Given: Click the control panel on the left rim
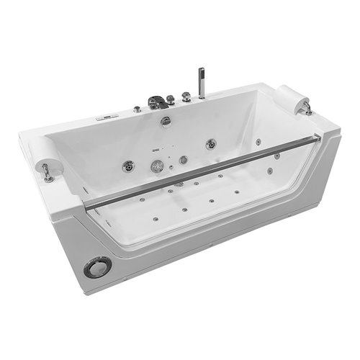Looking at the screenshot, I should click(106, 115).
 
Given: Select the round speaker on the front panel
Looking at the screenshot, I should click(97, 267).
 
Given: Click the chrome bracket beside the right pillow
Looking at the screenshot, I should click(307, 109).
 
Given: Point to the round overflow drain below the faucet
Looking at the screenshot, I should click(166, 120).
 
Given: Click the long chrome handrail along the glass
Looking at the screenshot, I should click(202, 169).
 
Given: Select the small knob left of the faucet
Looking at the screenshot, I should click(137, 109).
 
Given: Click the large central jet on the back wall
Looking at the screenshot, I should click(157, 166).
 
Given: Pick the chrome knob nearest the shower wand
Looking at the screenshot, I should click(186, 95).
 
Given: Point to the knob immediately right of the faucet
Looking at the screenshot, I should click(171, 99).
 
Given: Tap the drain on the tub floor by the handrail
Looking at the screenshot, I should click(178, 184).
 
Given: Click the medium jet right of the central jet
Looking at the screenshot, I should click(183, 159).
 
